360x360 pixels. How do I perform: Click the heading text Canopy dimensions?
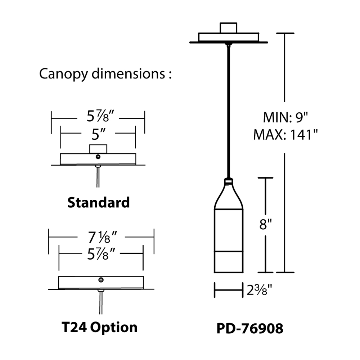(x=104, y=74)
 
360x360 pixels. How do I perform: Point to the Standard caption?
(x=99, y=202)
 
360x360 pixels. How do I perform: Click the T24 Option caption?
(x=99, y=327)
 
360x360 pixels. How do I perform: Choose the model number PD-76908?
(x=250, y=328)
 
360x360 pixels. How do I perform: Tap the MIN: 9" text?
(x=286, y=117)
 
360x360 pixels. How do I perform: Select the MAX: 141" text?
(x=286, y=135)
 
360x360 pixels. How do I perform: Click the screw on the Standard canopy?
(x=98, y=156)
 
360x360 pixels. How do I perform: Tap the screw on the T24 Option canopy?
(x=101, y=279)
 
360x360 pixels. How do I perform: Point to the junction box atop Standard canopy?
(x=98, y=149)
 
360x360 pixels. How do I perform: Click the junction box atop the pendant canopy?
(x=229, y=28)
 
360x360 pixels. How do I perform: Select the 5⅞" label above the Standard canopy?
(x=98, y=117)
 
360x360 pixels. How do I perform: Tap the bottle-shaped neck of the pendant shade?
(x=228, y=194)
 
